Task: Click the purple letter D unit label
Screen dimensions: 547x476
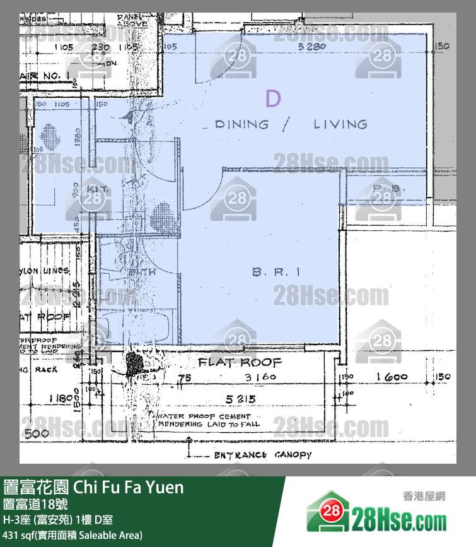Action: pos(272,98)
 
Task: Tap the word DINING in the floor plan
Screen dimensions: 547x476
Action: pos(241,124)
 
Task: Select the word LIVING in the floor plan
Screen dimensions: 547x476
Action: pos(340,124)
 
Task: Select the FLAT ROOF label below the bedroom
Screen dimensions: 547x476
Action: pos(240,363)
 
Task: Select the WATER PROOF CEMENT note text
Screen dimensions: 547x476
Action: pos(204,417)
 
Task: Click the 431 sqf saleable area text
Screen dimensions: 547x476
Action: pos(73,535)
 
